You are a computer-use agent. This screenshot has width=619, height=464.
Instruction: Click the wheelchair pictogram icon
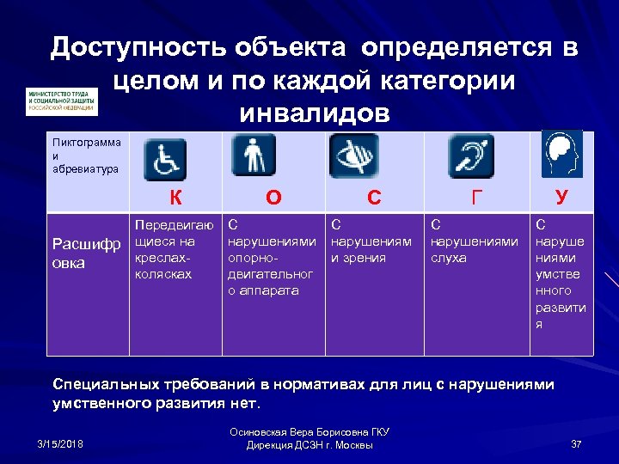[163, 161]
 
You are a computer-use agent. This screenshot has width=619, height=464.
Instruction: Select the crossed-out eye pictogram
[353, 156]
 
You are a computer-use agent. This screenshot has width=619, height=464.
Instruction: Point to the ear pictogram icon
[469, 158]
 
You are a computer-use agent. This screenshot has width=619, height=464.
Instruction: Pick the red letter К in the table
[175, 198]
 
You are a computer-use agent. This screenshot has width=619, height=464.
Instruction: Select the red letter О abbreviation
[273, 198]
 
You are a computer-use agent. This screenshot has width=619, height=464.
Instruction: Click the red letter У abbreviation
[561, 198]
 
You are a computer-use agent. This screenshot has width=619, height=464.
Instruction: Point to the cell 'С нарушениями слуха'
[474, 241]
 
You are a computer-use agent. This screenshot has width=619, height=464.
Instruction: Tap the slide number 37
[577, 443]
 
